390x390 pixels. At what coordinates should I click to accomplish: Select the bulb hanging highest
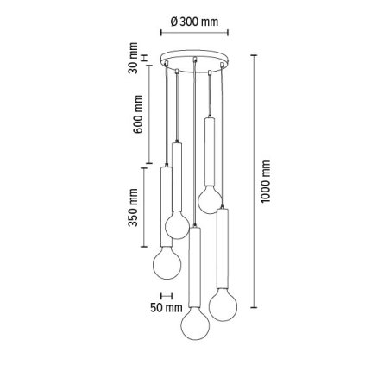tap(208, 199)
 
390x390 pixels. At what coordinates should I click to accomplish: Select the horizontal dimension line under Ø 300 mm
tap(196, 36)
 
